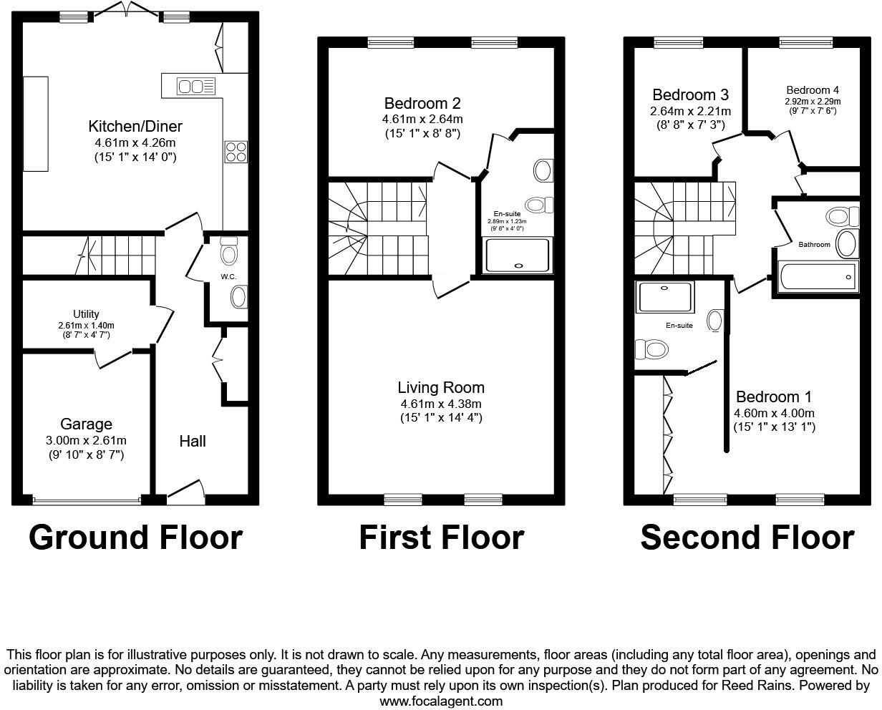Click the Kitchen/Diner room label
[x=135, y=127]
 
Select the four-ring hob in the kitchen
[x=236, y=151]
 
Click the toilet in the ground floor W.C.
[x=229, y=251]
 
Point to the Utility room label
[x=86, y=314]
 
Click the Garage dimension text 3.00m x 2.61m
[x=86, y=440]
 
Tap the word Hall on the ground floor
[x=193, y=441]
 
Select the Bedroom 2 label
[x=422, y=103]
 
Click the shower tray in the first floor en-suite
[x=518, y=256]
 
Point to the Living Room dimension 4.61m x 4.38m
[x=441, y=404]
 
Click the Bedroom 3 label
[x=690, y=95]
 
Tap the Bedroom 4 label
[x=812, y=90]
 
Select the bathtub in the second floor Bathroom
[x=818, y=276]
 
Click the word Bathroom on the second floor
[x=814, y=245]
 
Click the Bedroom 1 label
[x=774, y=397]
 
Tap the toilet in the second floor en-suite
[x=651, y=349]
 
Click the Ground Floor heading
[x=135, y=538]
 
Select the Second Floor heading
[x=747, y=538]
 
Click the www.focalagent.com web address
[x=441, y=701]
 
